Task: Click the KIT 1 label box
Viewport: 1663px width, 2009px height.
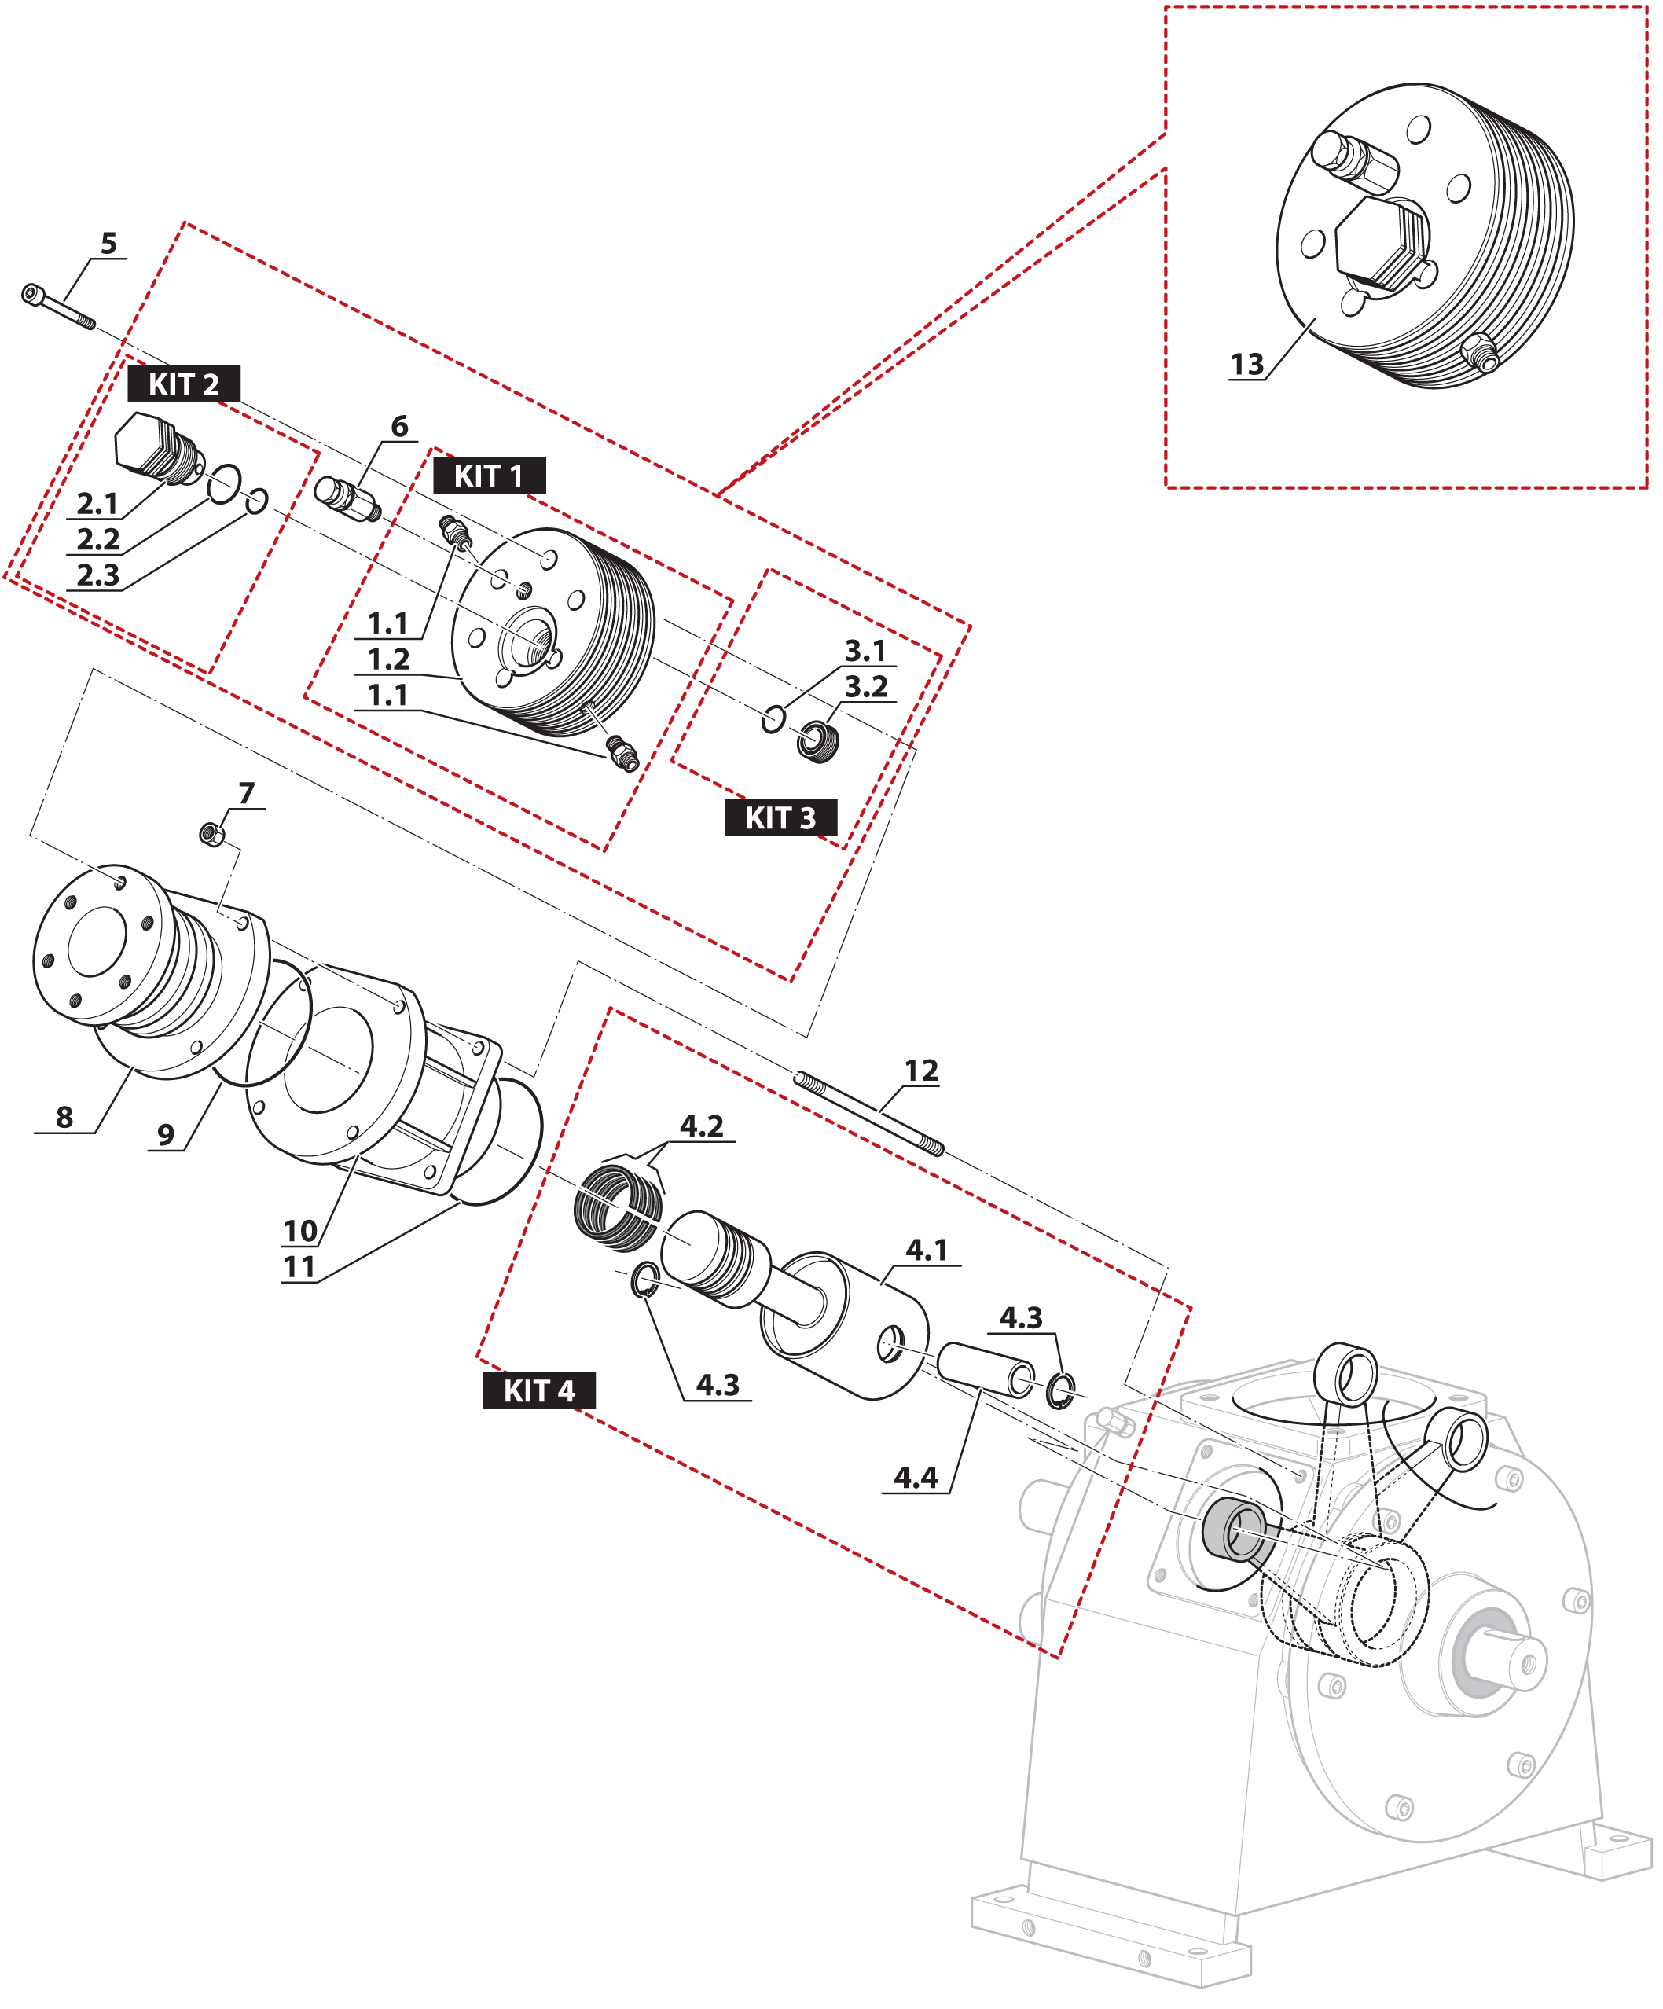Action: [489, 476]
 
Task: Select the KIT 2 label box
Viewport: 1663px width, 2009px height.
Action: [184, 384]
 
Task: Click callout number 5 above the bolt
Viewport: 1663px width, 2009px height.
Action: [109, 244]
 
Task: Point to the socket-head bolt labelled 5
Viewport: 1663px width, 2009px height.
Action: [57, 306]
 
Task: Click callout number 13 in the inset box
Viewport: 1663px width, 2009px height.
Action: [1246, 365]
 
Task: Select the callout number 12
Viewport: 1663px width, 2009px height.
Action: [921, 1071]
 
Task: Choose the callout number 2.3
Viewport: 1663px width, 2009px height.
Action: [97, 576]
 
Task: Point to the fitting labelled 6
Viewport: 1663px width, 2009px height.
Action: [347, 498]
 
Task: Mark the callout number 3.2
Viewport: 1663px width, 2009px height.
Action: [866, 687]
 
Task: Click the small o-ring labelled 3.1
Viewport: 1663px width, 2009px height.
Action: [774, 718]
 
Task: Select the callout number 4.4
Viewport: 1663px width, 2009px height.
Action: [916, 1478]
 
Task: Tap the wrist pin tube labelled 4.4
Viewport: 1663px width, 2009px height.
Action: [984, 1369]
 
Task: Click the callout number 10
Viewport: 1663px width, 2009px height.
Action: [299, 1231]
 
